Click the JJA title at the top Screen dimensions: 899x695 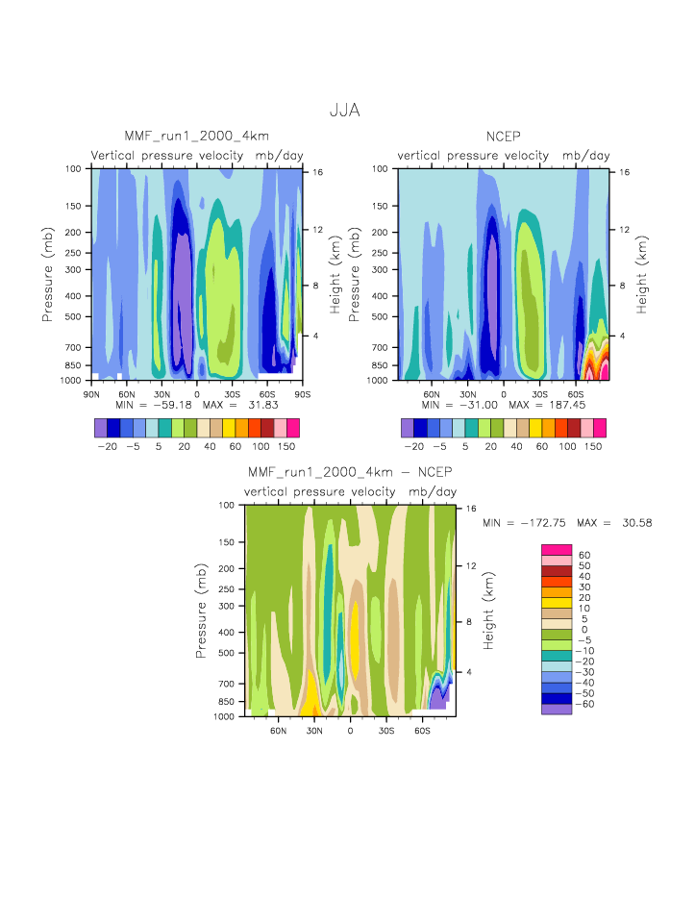(x=344, y=111)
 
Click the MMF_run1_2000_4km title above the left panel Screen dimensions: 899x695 (x=196, y=136)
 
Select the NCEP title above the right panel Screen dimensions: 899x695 (x=503, y=136)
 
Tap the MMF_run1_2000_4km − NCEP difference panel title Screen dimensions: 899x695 (x=349, y=472)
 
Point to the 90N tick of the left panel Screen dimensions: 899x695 (x=93, y=393)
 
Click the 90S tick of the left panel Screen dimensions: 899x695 (x=302, y=393)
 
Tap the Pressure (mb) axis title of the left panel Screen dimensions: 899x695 (x=48, y=274)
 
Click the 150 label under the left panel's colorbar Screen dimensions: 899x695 (x=285, y=448)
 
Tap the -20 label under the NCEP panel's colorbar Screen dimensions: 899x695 (x=413, y=448)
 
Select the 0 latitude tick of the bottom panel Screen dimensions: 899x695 (x=350, y=730)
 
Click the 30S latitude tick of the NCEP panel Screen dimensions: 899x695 (x=539, y=393)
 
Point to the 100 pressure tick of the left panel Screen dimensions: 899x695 (x=76, y=168)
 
